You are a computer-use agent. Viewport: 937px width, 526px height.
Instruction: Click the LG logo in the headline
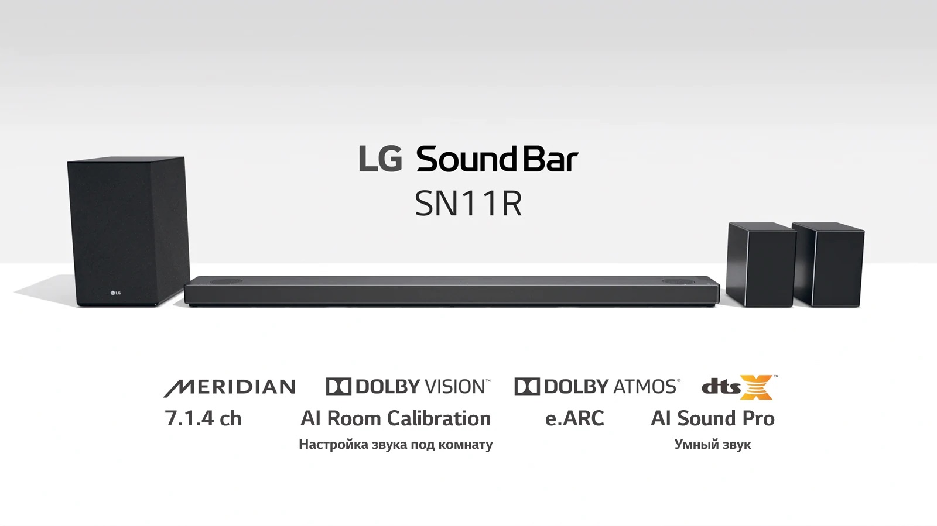pos(380,159)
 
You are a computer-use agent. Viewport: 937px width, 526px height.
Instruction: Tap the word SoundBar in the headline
pos(497,159)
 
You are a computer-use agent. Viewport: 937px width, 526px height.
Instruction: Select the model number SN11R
pos(468,204)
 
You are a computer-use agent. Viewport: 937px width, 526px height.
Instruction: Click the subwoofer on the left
pos(128,232)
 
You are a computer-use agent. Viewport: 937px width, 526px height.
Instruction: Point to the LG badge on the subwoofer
pos(115,293)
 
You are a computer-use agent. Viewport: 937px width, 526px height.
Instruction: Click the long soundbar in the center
pos(452,291)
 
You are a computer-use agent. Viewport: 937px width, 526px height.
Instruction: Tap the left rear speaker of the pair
pos(761,264)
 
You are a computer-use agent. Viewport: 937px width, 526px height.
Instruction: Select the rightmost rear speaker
pos(828,264)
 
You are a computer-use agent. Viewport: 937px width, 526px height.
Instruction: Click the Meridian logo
pos(229,387)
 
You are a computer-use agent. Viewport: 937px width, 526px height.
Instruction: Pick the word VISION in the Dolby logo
pos(457,387)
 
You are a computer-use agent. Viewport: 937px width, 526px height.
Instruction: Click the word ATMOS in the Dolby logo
pos(647,387)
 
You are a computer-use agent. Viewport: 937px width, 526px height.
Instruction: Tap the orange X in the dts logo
pos(756,387)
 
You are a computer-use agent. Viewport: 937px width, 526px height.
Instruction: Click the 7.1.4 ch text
pos(203,418)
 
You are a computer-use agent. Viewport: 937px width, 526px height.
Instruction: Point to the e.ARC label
pos(574,418)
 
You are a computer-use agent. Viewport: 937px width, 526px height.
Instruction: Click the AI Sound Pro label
pos(713,418)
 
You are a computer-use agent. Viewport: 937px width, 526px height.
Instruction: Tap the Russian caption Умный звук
pos(713,444)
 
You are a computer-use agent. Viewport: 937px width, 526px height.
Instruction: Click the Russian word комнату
pos(466,444)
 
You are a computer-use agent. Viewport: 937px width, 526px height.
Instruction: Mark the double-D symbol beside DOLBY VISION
pos(338,387)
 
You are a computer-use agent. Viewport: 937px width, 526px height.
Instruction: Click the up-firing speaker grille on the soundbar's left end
pos(226,281)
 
